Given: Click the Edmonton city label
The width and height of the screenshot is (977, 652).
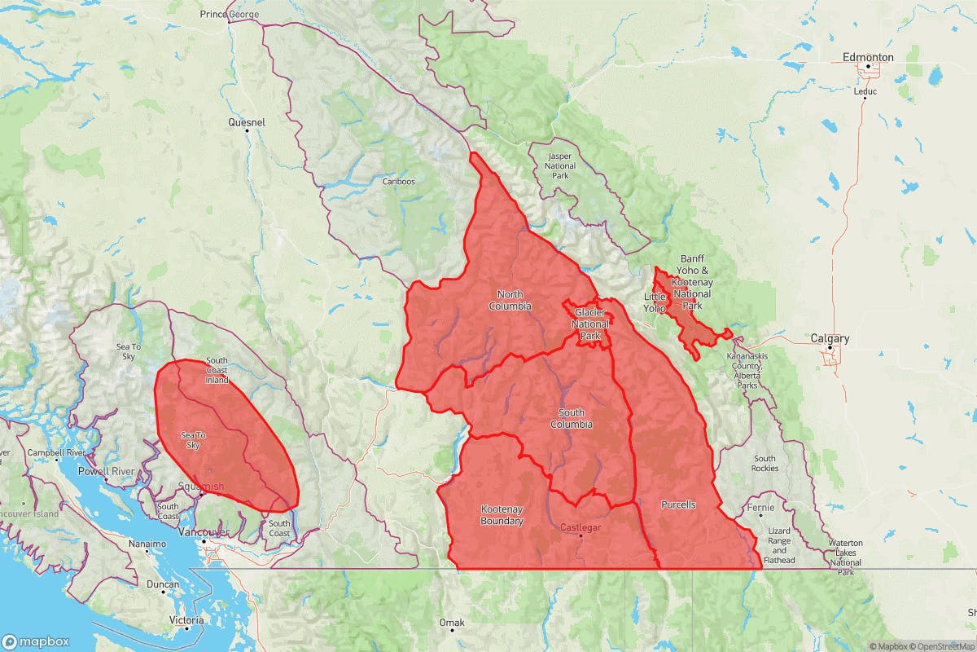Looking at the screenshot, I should point(868,57).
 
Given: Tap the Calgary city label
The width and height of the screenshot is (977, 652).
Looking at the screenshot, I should point(830,338).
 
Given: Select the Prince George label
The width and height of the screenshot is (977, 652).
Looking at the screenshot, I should point(230,15).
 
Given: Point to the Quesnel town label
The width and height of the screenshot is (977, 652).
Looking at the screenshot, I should point(247,122).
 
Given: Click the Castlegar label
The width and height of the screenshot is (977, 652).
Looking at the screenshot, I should point(581,528).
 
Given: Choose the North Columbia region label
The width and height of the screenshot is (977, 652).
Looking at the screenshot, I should point(510,300).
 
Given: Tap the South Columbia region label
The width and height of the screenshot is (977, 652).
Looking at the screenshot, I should point(571,418).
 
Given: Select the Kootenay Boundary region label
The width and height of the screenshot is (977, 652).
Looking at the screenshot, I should point(502,515).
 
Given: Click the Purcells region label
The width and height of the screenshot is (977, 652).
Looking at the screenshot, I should point(678,504).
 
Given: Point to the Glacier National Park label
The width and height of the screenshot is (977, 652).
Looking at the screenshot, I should point(590,324).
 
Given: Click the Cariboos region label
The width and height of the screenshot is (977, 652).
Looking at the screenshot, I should point(399,181).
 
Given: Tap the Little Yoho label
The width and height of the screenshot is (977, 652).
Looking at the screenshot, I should point(655,302).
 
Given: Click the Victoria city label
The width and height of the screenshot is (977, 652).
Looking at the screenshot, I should point(187,620).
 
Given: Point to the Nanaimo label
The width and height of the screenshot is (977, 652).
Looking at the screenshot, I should point(147,543).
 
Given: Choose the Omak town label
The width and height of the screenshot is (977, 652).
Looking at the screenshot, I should point(451,623).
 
